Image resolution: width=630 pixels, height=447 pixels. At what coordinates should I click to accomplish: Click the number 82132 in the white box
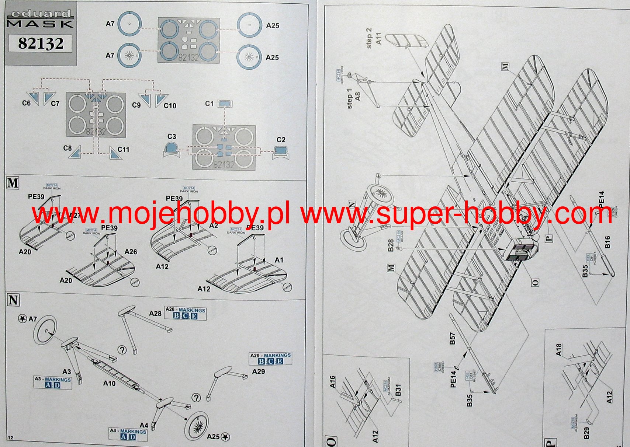tap(41, 43)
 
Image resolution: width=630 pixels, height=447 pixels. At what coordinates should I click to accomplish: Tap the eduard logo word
tap(41, 14)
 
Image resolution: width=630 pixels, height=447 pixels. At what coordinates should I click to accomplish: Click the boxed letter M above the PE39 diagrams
tap(13, 183)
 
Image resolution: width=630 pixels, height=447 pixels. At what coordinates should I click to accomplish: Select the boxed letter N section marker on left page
tap(13, 300)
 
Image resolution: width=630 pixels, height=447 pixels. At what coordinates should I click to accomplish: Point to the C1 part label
tap(209, 104)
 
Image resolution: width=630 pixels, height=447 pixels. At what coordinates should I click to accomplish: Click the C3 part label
tap(172, 137)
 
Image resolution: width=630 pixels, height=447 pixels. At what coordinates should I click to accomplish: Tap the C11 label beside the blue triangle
tap(124, 150)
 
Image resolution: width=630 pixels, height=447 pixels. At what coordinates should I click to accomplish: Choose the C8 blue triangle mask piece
tap(75, 152)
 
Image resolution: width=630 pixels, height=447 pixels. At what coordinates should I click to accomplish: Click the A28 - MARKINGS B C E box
tap(185, 313)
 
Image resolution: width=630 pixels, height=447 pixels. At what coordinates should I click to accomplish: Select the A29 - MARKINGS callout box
tap(271, 359)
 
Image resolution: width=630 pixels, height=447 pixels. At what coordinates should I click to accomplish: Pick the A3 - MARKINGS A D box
tap(53, 382)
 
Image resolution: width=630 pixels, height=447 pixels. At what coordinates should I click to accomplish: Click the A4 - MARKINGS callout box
tap(128, 434)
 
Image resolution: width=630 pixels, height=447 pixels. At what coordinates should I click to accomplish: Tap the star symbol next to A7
tap(22, 318)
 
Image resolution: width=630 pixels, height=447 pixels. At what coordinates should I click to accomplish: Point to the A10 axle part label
tap(109, 383)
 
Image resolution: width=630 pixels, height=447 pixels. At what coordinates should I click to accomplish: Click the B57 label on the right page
tap(453, 339)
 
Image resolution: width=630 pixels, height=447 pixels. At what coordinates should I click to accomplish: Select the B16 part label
tap(607, 242)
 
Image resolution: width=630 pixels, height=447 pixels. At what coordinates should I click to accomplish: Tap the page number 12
tap(10, 437)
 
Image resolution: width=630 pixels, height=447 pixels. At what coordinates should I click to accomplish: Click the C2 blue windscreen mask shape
tap(281, 150)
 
